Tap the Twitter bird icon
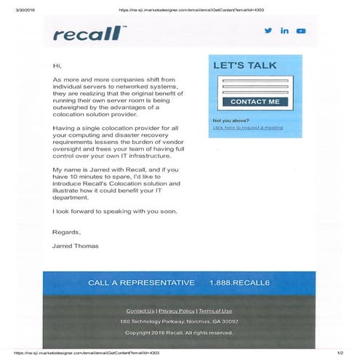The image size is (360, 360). pyautogui.click(x=268, y=31)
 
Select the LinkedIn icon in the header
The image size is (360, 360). pyautogui.click(x=284, y=31)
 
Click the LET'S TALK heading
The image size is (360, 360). pyautogui.click(x=244, y=65)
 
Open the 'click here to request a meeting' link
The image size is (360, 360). pyautogui.click(x=247, y=127)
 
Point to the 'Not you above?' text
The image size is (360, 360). pyautogui.click(x=231, y=120)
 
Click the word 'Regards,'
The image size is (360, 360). pyautogui.click(x=65, y=232)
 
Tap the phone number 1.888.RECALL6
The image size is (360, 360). pyautogui.click(x=239, y=282)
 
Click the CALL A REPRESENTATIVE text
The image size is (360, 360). pyautogui.click(x=141, y=282)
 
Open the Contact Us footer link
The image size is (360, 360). pyautogui.click(x=140, y=311)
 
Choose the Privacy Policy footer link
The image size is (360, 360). pyautogui.click(x=176, y=311)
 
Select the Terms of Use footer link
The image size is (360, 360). pyautogui.click(x=215, y=311)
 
